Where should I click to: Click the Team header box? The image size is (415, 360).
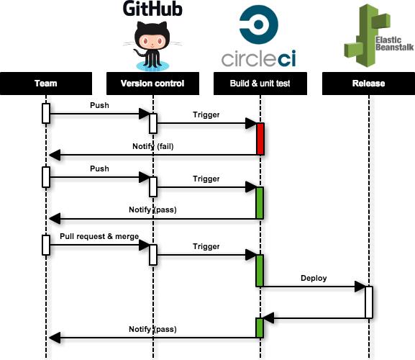[x=46, y=84]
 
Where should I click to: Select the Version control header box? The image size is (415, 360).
[x=152, y=84]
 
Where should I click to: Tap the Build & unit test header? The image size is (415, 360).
[x=260, y=84]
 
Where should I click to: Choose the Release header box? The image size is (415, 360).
[x=368, y=84]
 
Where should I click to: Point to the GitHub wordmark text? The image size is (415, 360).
[x=152, y=9]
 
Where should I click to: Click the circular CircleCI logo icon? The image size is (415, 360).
[x=259, y=24]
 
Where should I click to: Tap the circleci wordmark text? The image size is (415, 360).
[x=259, y=58]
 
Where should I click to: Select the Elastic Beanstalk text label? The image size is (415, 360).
[x=394, y=44]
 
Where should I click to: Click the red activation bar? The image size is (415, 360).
[x=260, y=139]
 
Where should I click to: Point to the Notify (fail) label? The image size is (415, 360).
[x=153, y=146]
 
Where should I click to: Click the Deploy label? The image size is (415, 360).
[x=314, y=278]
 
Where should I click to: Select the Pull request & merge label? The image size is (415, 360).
[x=99, y=236]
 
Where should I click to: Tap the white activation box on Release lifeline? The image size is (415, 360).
[x=369, y=302]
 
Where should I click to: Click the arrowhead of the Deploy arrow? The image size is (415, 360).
[x=360, y=287]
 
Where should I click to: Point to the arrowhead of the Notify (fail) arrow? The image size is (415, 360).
[x=55, y=155]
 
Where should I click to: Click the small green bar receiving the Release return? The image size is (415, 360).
[x=260, y=328]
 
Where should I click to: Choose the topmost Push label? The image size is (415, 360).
[x=99, y=105]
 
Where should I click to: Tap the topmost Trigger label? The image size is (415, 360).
[x=206, y=114]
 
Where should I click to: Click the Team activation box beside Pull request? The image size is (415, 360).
[x=46, y=245]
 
